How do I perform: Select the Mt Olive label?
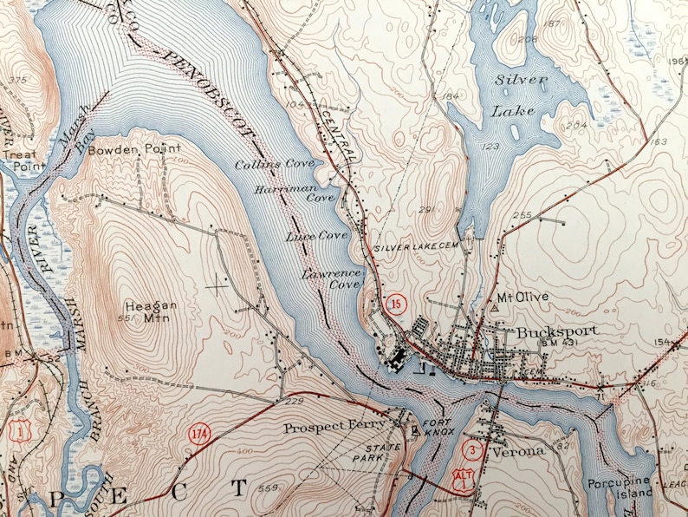[523, 297]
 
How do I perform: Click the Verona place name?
[516, 452]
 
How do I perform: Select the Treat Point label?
[19, 160]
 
